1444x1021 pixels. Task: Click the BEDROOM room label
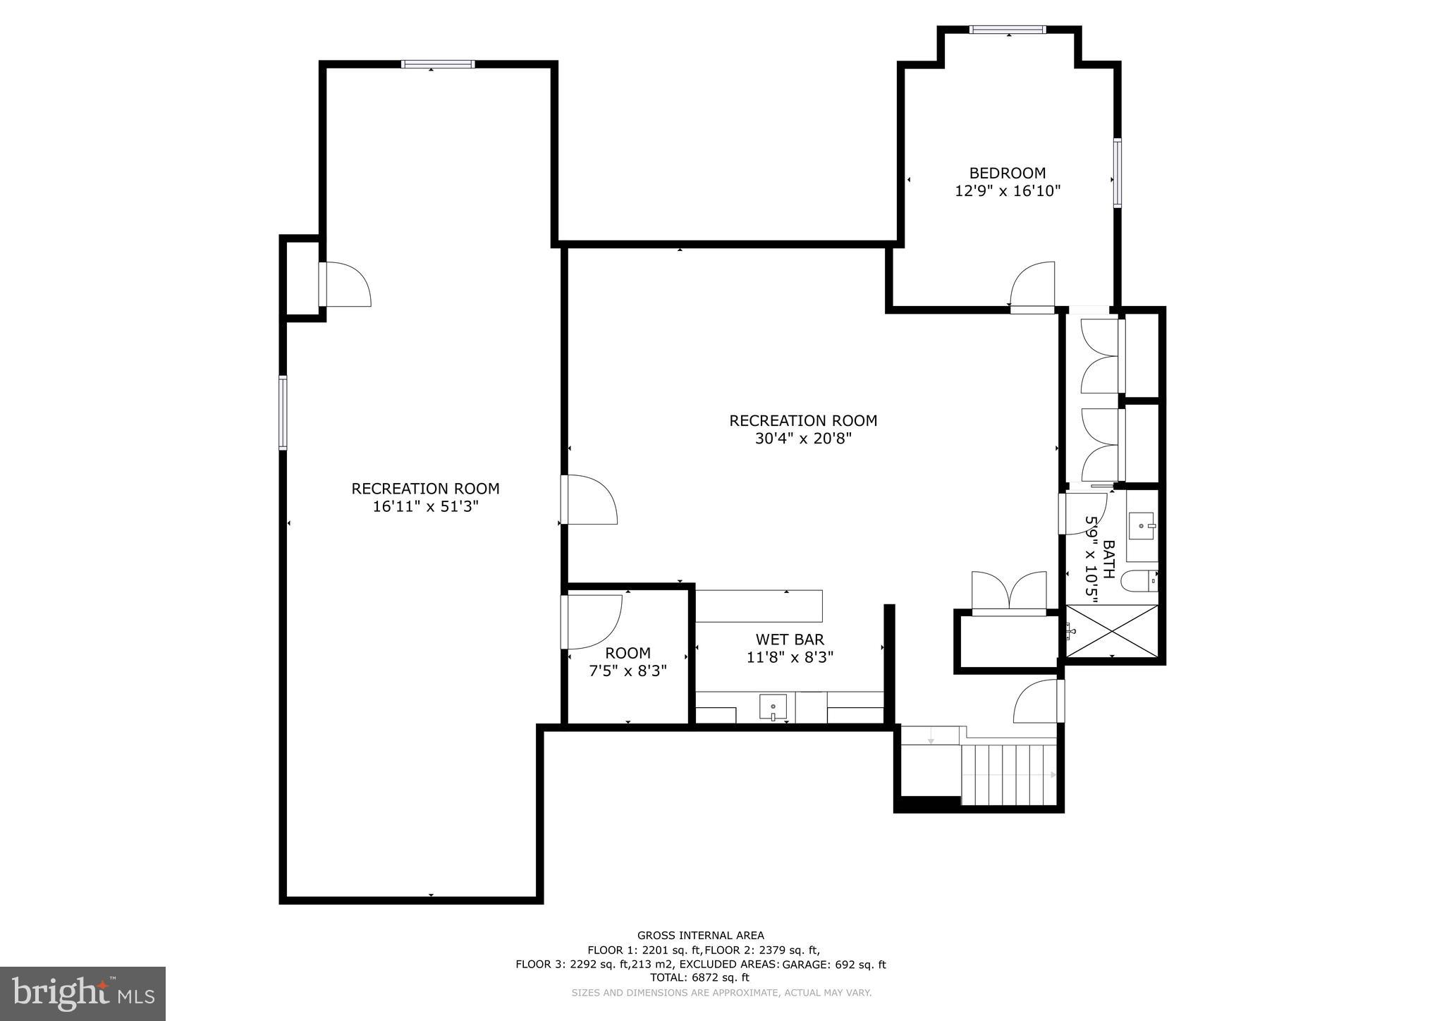[1007, 173]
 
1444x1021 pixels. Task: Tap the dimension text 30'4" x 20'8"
[803, 439]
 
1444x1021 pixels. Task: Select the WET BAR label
[790, 640]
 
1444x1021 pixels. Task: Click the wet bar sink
[773, 707]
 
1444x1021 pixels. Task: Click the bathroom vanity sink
[1142, 526]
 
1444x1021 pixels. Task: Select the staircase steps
[1009, 774]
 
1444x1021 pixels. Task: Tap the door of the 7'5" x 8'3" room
[591, 621]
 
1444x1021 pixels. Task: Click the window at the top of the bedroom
[1008, 30]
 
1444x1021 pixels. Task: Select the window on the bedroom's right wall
[1118, 173]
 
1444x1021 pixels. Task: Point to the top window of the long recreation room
[438, 64]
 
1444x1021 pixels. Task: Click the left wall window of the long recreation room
[283, 412]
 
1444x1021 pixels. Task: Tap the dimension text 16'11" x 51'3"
[425, 506]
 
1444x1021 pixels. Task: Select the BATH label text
[1108, 559]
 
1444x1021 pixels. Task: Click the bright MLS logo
[82, 994]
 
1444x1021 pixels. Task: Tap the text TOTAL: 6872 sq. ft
[699, 977]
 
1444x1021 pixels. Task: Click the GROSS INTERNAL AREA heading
[700, 936]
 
